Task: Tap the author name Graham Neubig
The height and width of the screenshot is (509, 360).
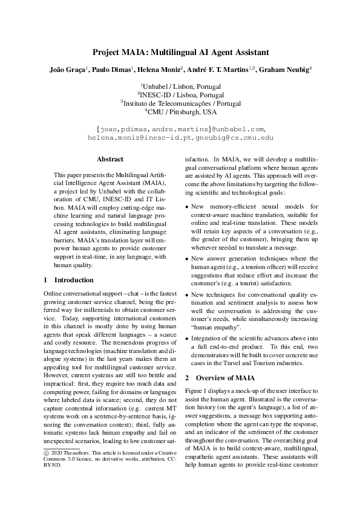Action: tap(284, 70)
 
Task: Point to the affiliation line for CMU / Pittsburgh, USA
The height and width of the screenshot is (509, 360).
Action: tap(181, 112)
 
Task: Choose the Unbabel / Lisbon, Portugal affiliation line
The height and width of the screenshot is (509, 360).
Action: tap(181, 86)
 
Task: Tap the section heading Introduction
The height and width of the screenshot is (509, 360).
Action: tap(74, 280)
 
